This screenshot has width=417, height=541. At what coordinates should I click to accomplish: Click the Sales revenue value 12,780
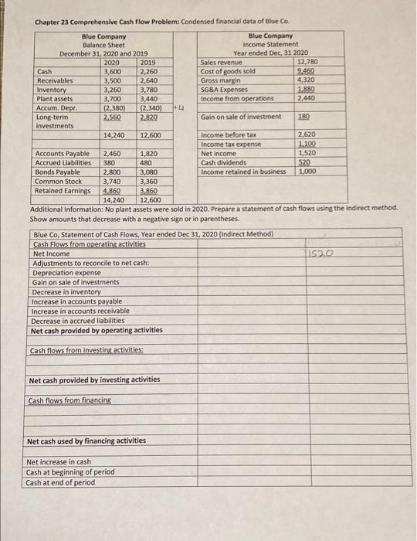[308, 62]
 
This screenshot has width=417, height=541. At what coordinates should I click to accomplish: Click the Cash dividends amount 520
[305, 162]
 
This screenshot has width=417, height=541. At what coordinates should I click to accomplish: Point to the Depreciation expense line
[66, 272]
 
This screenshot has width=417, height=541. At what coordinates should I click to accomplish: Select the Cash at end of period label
[60, 482]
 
